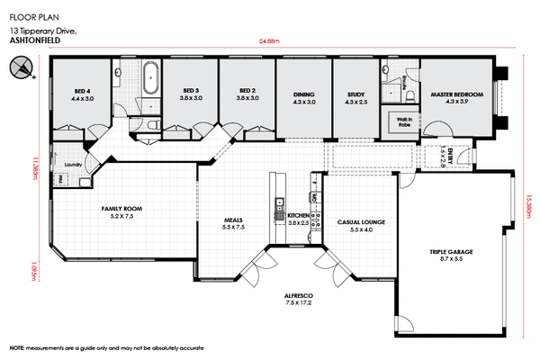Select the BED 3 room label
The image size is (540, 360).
190,92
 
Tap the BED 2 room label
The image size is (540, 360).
248,92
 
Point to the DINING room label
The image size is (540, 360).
304,96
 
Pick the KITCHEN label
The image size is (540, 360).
298,217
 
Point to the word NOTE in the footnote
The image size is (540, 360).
17,347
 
